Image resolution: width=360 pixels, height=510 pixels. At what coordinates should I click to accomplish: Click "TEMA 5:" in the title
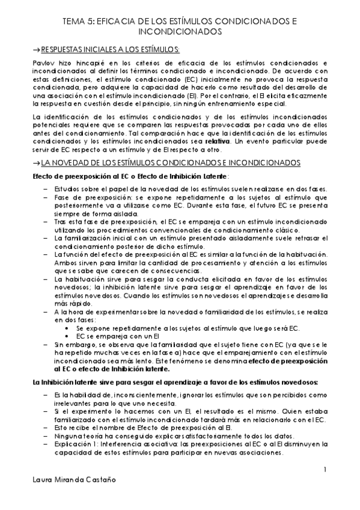point(78,20)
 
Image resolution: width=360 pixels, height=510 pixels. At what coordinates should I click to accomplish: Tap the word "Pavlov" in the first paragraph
point(44,62)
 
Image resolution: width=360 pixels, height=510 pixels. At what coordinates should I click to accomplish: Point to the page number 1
point(325,469)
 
